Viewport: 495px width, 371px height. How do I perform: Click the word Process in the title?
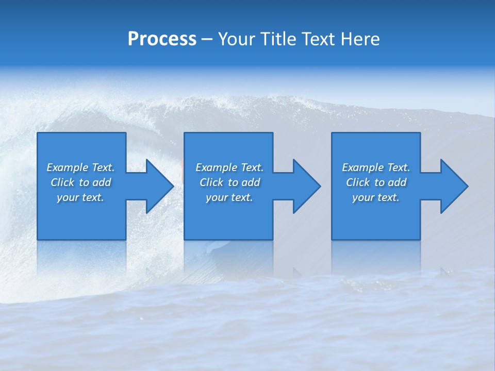162,39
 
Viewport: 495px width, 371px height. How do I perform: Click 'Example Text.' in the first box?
80,167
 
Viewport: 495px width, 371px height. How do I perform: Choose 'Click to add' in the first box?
80,182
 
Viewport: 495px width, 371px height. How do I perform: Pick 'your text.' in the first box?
80,197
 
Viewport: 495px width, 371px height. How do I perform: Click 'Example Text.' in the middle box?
229,167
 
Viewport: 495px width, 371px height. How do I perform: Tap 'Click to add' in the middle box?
229,182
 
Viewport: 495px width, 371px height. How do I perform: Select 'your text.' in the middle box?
229,197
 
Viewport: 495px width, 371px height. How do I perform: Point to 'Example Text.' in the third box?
376,167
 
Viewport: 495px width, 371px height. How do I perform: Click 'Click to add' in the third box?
376,182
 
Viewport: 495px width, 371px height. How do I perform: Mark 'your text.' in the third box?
376,197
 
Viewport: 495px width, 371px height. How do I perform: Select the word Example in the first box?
68,167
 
